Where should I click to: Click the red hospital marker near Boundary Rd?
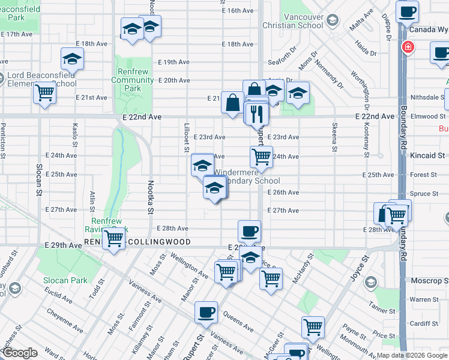[x=408, y=47]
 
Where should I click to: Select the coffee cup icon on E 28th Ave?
[x=249, y=231]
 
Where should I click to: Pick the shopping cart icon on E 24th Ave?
[x=261, y=157]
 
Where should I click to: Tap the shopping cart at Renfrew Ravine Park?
[x=113, y=238]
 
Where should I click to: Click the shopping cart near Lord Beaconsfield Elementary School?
[x=45, y=94]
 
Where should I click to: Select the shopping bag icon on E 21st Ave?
[x=232, y=103]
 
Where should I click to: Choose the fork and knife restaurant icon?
[x=257, y=113]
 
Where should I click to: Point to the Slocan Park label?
[x=65, y=280]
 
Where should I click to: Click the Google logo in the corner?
[x=20, y=353]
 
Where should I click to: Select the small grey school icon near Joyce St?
[x=371, y=282]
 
